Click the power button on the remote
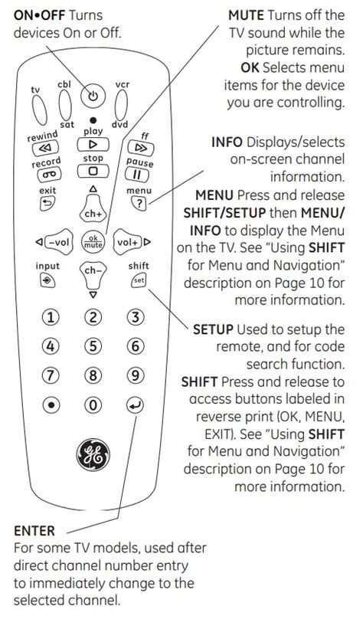pyautogui.click(x=93, y=96)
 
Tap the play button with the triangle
pyautogui.click(x=93, y=145)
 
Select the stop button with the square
pyautogui.click(x=93, y=171)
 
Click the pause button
pyautogui.click(x=137, y=174)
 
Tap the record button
pyautogui.click(x=50, y=174)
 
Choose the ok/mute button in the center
pyautogui.click(x=93, y=241)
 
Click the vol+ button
pyautogui.click(x=127, y=241)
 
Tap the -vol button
pyautogui.click(x=59, y=241)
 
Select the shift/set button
pyautogui.click(x=139, y=280)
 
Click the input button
pyautogui.click(x=47, y=280)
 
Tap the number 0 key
pyautogui.click(x=93, y=405)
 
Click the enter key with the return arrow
pyautogui.click(x=136, y=405)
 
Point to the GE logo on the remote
pyautogui.click(x=93, y=454)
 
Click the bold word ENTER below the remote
pyautogui.click(x=34, y=531)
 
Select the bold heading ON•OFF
pyautogui.click(x=40, y=15)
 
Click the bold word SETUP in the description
pyautogui.click(x=213, y=329)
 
